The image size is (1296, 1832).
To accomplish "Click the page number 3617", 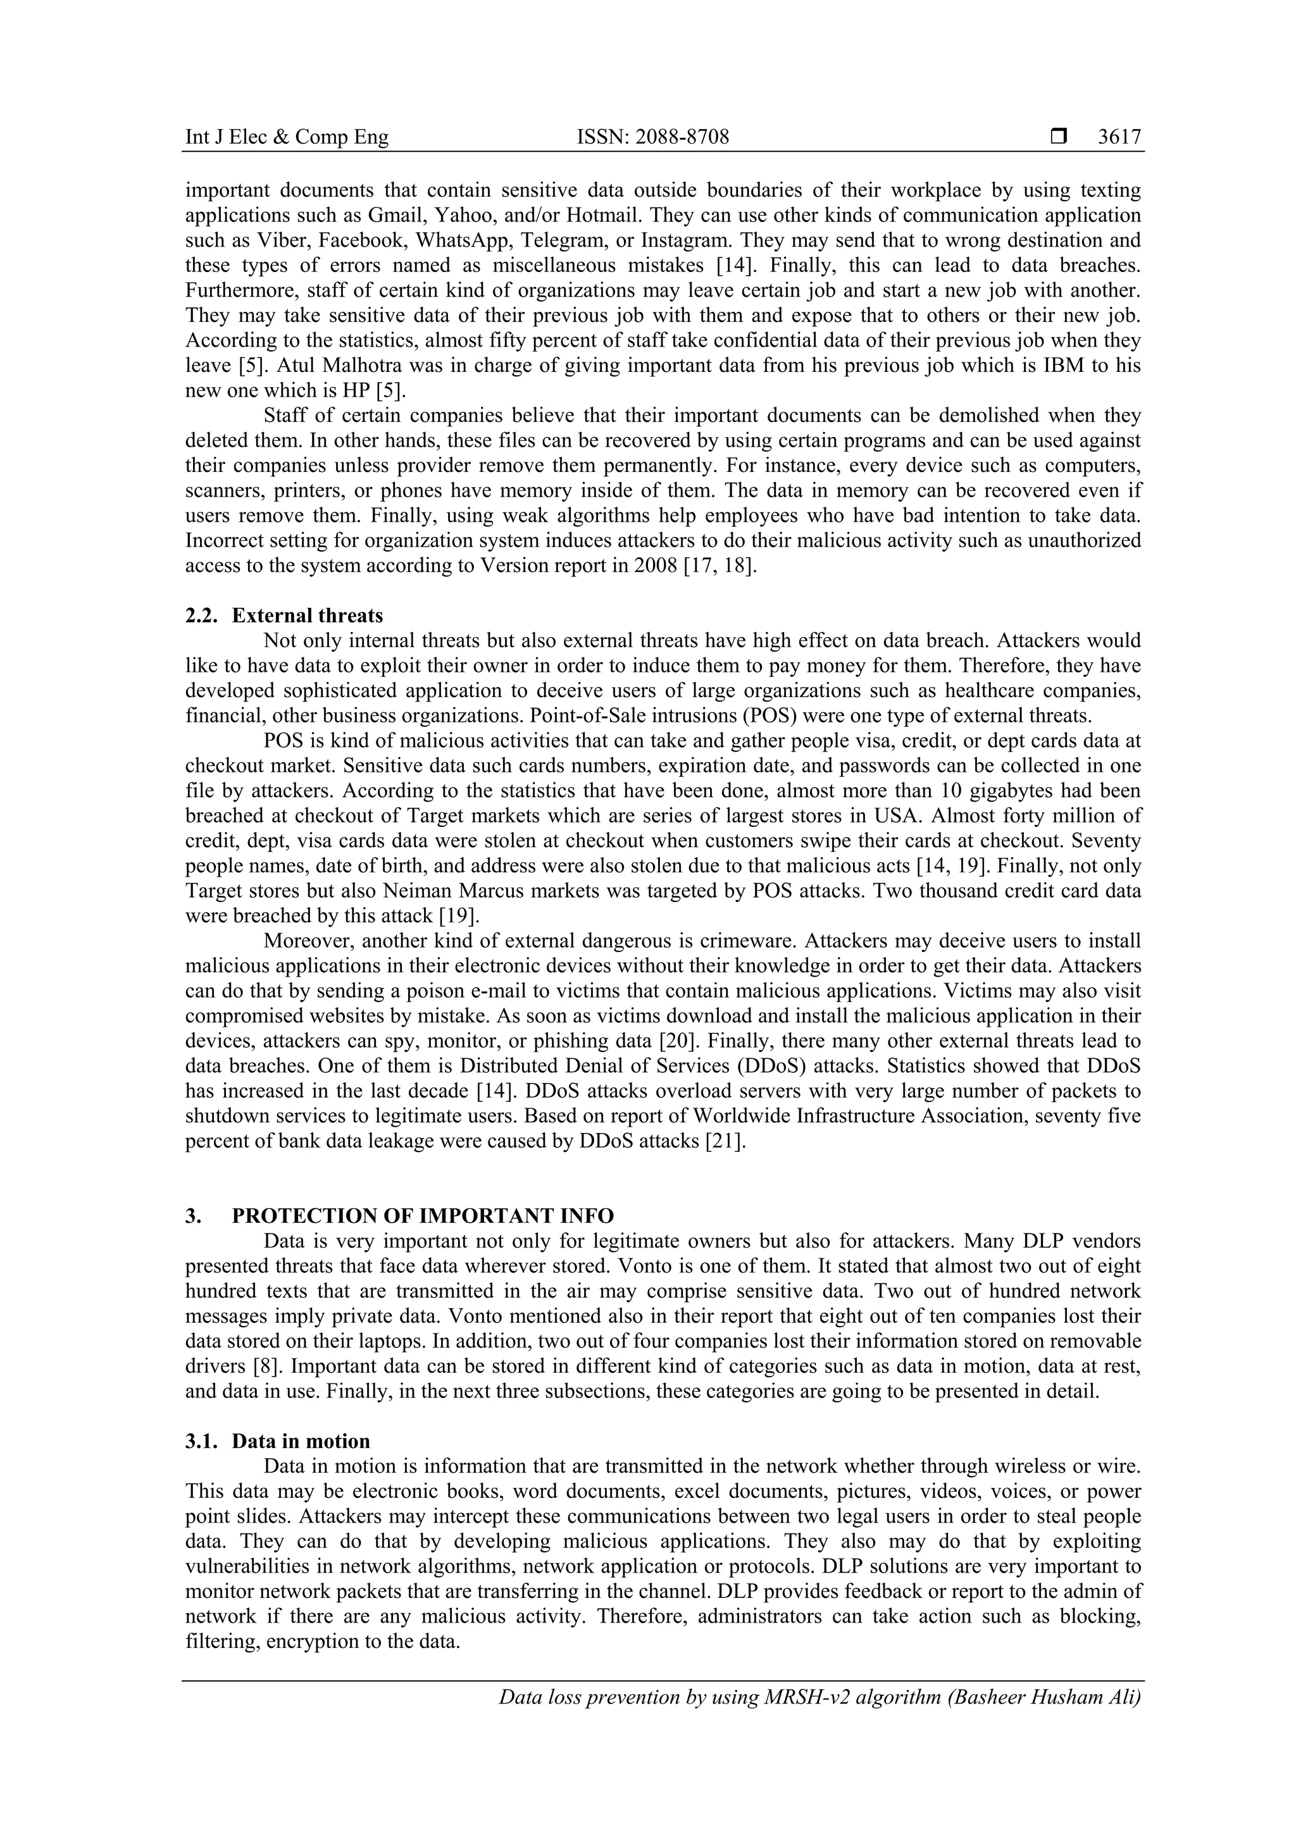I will point(1119,137).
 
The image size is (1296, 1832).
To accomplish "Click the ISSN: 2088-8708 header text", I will point(653,137).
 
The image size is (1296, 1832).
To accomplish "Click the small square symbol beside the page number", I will point(1059,137).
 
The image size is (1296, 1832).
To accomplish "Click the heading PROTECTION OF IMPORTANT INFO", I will point(423,1215).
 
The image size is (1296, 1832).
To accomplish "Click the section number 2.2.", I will point(201,615).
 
